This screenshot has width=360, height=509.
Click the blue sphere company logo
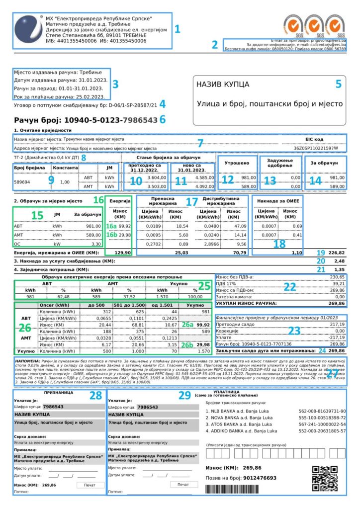point(27,31)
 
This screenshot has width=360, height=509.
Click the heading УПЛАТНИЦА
point(228,392)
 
